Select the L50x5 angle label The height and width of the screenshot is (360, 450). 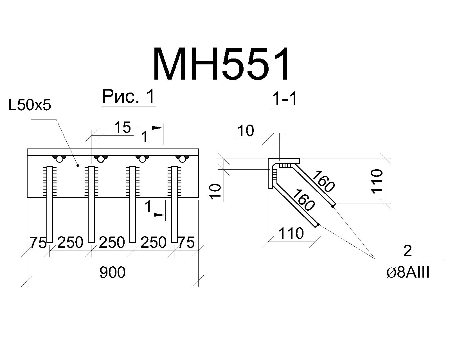pos(30,105)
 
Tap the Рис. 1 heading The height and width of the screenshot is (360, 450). pos(129,96)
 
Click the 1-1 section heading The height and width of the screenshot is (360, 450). pos(285,99)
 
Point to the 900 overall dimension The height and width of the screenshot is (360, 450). pos(112,272)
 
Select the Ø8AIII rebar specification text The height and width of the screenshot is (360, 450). pos(408,273)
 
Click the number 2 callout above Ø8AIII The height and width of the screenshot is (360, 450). pos(408,251)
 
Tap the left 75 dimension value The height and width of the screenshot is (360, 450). pos(38,242)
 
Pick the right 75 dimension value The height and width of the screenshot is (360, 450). pos(186,242)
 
